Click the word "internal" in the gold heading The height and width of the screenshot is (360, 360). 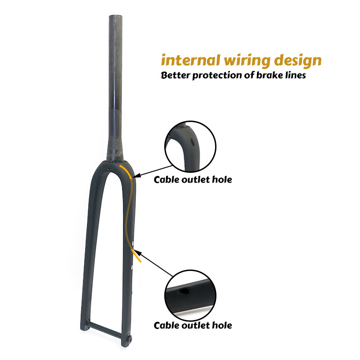click(191, 60)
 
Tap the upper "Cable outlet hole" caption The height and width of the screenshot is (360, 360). click(193, 180)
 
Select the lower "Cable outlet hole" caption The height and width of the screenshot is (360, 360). click(193, 325)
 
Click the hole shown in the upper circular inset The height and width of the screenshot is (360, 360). click(192, 143)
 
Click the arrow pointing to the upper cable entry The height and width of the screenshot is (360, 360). click(152, 171)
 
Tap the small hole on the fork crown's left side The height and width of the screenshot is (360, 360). click(108, 169)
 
